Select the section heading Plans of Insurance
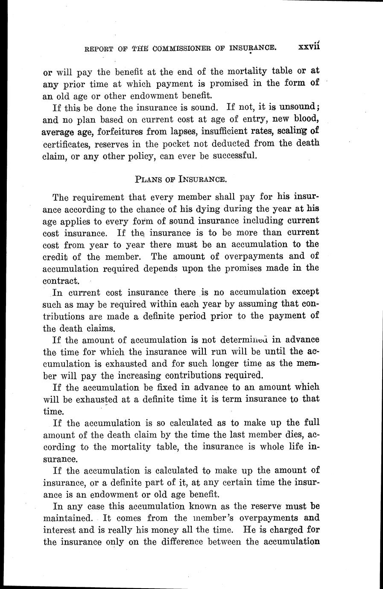point(180,179)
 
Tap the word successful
point(235,155)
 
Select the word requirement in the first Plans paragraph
point(99,198)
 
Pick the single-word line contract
point(61,281)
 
